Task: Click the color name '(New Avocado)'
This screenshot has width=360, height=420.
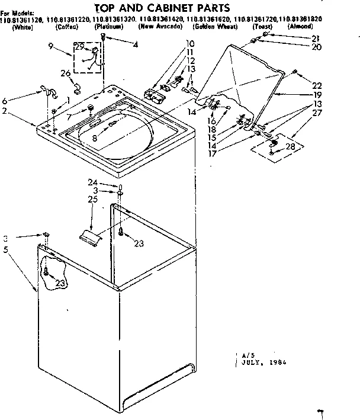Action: pos(160,27)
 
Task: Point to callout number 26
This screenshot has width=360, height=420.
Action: pos(66,73)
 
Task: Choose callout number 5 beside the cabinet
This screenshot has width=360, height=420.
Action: pos(6,249)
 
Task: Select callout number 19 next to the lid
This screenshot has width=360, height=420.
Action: pos(317,94)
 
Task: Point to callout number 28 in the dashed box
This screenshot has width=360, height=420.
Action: pos(291,146)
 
